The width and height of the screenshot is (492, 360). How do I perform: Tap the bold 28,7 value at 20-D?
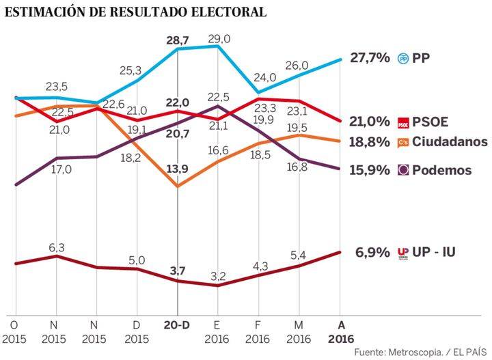click(x=178, y=40)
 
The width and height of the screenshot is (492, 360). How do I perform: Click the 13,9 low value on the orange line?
click(x=178, y=168)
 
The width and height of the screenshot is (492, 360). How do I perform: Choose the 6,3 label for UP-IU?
click(x=57, y=247)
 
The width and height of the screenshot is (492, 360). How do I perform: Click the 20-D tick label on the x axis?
click(x=178, y=325)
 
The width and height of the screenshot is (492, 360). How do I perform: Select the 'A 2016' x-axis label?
click(x=341, y=331)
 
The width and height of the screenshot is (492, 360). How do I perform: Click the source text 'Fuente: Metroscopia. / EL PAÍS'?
click(x=421, y=351)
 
